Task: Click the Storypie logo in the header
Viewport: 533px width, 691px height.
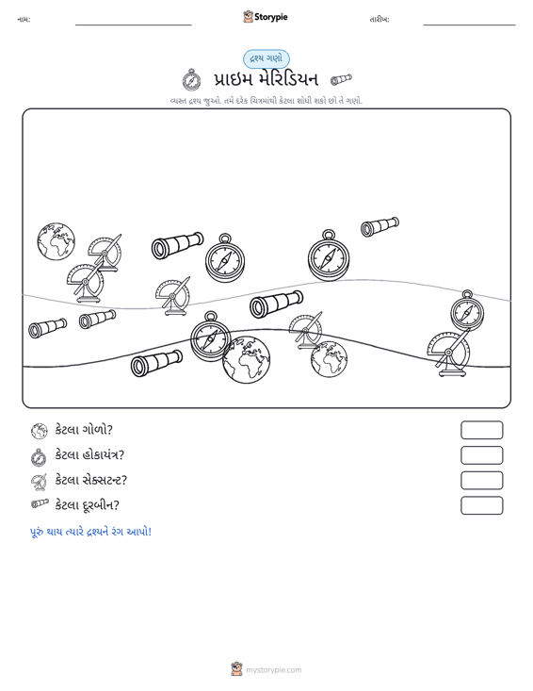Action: pyautogui.click(x=266, y=17)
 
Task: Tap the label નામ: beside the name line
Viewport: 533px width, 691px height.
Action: pyautogui.click(x=24, y=20)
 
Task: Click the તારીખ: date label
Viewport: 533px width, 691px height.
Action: pyautogui.click(x=380, y=20)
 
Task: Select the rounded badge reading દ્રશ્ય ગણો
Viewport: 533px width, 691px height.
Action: pyautogui.click(x=266, y=59)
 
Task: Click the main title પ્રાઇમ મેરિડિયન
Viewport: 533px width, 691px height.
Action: pyautogui.click(x=266, y=80)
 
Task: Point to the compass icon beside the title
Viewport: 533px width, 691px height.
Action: pyautogui.click(x=191, y=79)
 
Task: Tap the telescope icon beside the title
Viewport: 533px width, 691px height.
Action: pyautogui.click(x=341, y=79)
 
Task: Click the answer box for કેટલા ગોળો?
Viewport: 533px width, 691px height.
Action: pyautogui.click(x=481, y=430)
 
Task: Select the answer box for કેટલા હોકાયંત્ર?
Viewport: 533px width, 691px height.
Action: pyautogui.click(x=481, y=455)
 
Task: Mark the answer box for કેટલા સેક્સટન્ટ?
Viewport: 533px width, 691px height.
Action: pyautogui.click(x=481, y=481)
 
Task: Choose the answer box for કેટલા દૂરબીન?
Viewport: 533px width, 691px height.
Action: pyautogui.click(x=481, y=505)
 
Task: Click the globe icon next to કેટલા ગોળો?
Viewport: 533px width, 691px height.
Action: pyautogui.click(x=40, y=431)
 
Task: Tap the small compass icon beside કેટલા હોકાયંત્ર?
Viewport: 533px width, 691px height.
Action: pyautogui.click(x=39, y=457)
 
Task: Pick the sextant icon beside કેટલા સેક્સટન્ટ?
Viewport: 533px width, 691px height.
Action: pyautogui.click(x=40, y=482)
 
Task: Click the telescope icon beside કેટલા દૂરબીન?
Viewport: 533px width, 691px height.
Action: pyautogui.click(x=40, y=503)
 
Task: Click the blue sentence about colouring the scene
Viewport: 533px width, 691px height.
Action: pyautogui.click(x=90, y=532)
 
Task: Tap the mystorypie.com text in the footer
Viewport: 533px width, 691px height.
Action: pyautogui.click(x=274, y=670)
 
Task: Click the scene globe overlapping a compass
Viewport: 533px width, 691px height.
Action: pyautogui.click(x=246, y=359)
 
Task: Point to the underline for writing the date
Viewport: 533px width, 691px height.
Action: pyautogui.click(x=469, y=25)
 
